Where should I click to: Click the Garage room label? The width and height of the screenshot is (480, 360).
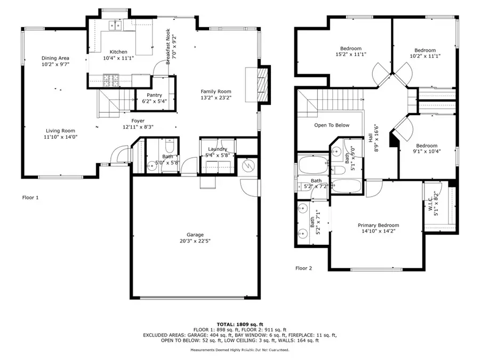pyautogui.click(x=195, y=234)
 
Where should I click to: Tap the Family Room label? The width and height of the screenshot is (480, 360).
pyautogui.click(x=215, y=91)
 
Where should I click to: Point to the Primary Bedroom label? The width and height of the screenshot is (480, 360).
pyautogui.click(x=378, y=225)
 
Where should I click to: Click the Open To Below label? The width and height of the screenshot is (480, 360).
pyautogui.click(x=332, y=125)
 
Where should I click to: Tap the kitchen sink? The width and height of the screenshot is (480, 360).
pyautogui.click(x=115, y=25)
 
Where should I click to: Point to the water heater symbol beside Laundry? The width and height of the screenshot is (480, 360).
pyautogui.click(x=247, y=166)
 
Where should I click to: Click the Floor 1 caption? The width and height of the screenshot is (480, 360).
pyautogui.click(x=30, y=197)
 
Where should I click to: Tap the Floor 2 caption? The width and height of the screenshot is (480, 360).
pyautogui.click(x=303, y=268)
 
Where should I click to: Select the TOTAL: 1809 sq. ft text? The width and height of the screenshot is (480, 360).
pyautogui.click(x=240, y=324)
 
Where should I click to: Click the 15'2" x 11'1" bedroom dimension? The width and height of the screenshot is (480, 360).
pyautogui.click(x=351, y=54)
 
